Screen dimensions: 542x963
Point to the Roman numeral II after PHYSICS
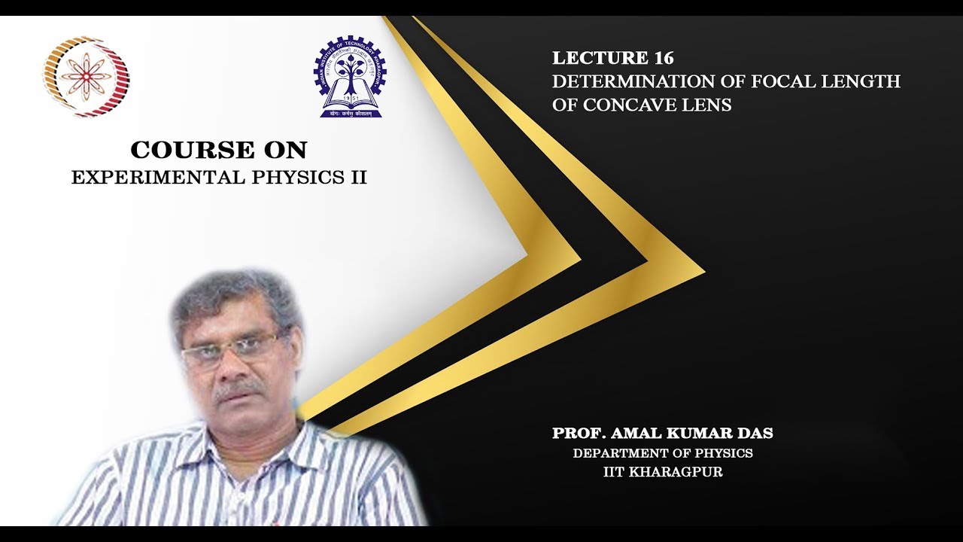pyautogui.click(x=357, y=178)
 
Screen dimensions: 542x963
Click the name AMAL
pyautogui.click(x=637, y=434)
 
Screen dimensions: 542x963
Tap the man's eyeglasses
pyautogui.click(x=229, y=349)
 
